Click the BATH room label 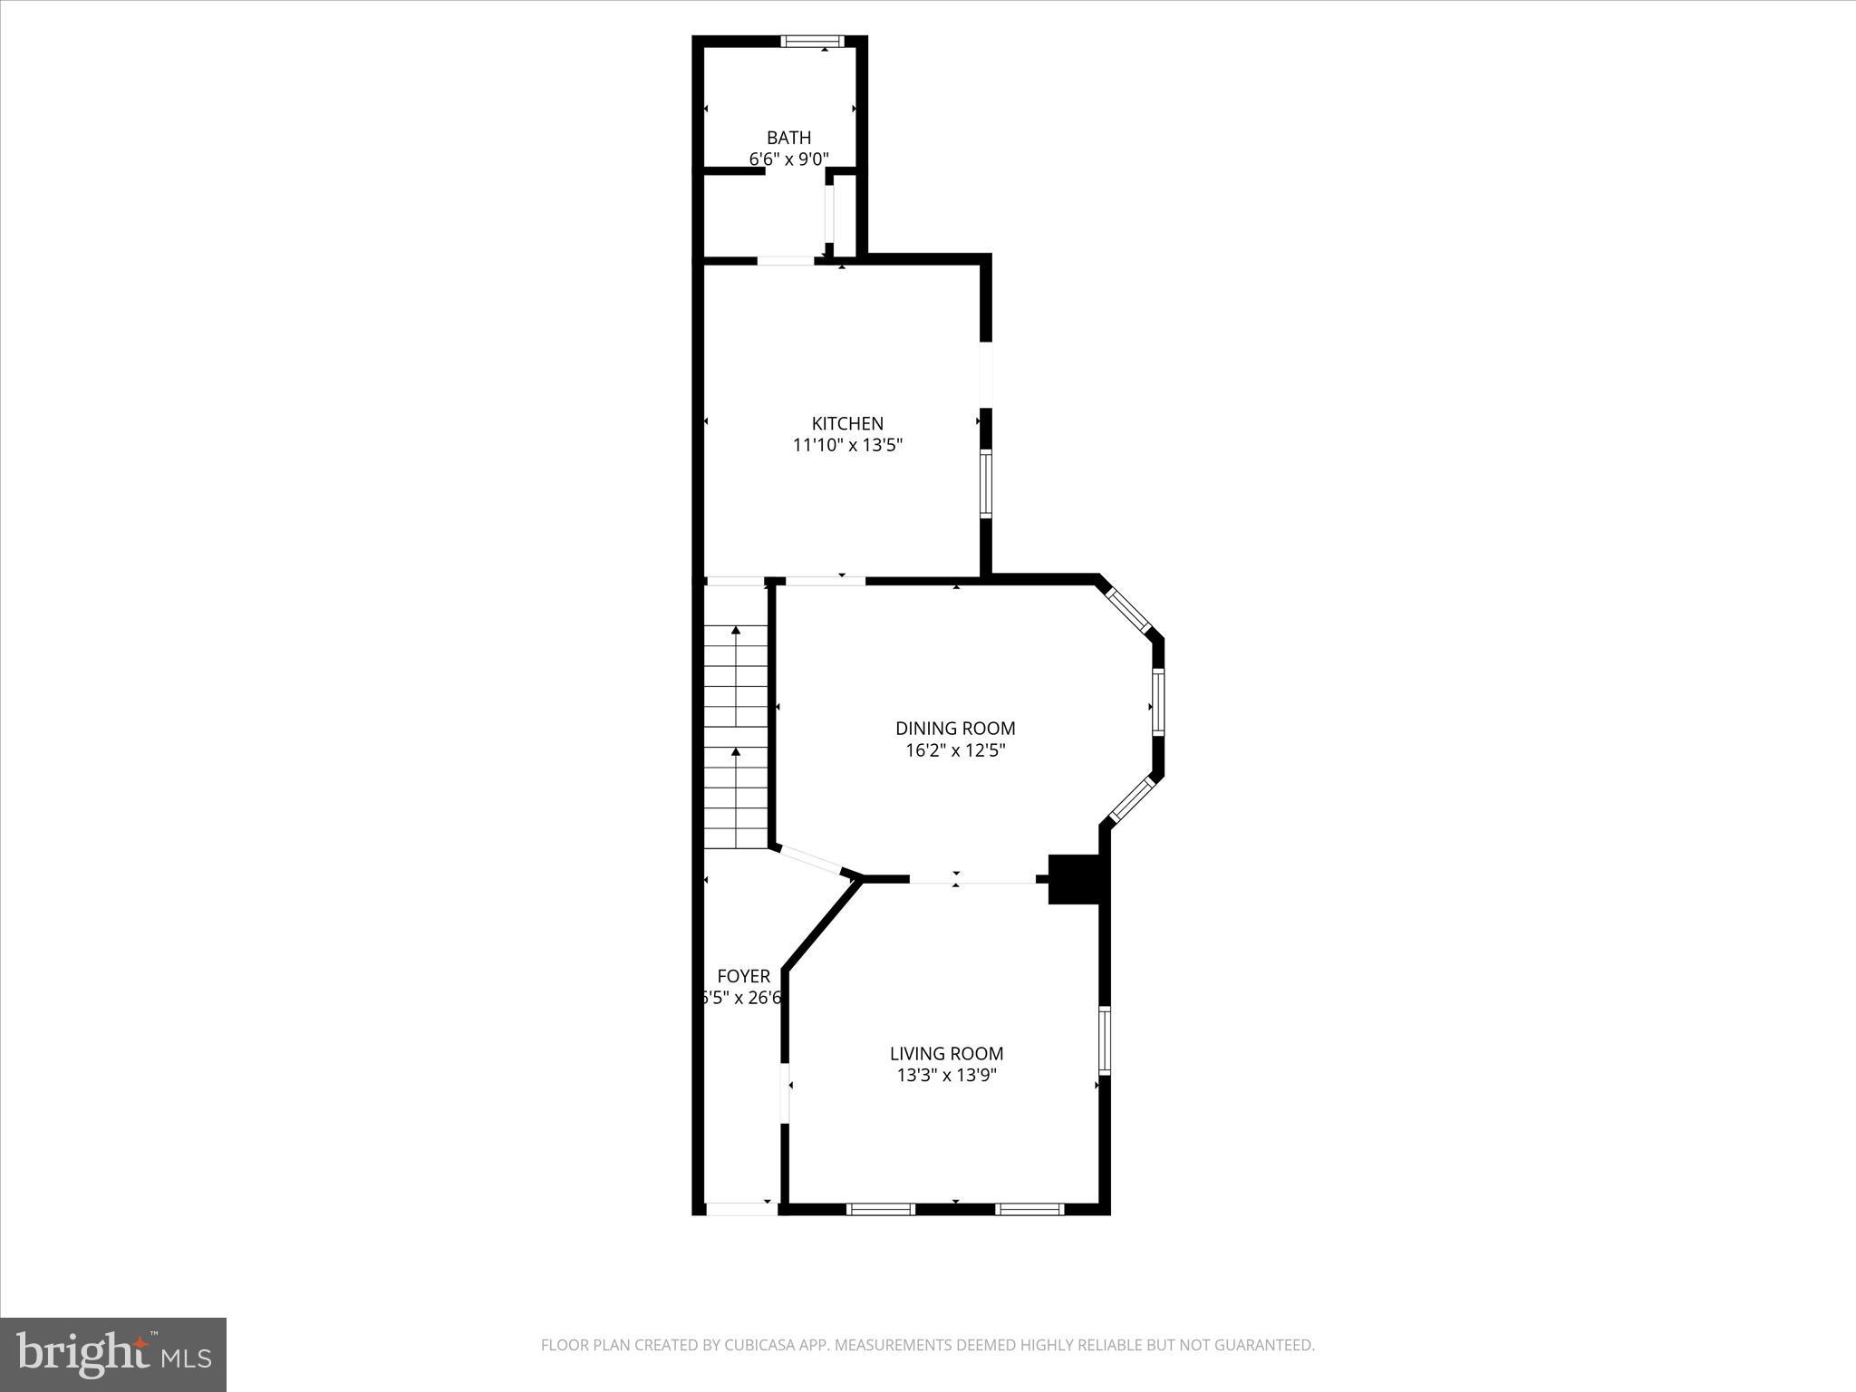[x=788, y=138]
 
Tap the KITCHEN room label [x=847, y=423]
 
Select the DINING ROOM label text [x=955, y=728]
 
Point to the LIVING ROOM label [x=946, y=1053]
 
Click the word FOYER [x=743, y=976]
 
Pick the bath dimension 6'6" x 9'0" [x=788, y=159]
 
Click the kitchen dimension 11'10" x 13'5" [x=847, y=445]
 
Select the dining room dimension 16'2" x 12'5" [x=955, y=750]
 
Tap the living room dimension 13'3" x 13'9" [x=946, y=1076]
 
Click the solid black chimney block [x=1075, y=878]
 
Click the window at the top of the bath [x=813, y=41]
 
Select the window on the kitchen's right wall [x=986, y=483]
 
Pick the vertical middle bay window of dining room [x=1158, y=702]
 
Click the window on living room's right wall [x=1105, y=1039]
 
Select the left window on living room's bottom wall [x=880, y=1208]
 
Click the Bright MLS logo [x=113, y=1354]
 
